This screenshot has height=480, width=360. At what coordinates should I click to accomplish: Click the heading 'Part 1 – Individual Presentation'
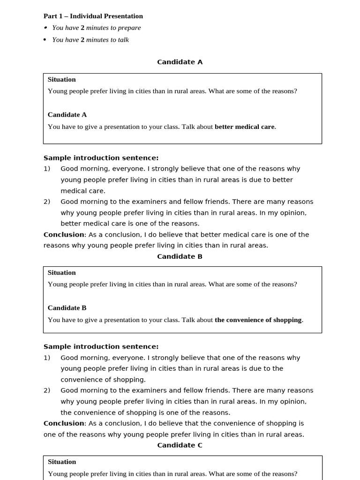point(93,16)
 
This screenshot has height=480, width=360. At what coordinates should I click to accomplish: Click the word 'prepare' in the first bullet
point(129,28)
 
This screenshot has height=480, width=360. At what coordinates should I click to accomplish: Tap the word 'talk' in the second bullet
point(123,40)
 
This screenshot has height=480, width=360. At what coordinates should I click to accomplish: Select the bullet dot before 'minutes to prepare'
point(45,28)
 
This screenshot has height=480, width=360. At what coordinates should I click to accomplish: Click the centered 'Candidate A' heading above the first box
point(180,62)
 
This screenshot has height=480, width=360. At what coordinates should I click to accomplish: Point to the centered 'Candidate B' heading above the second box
point(180,256)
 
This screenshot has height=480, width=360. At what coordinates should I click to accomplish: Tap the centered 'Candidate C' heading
point(180,445)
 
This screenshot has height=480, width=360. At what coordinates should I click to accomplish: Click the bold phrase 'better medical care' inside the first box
point(244,127)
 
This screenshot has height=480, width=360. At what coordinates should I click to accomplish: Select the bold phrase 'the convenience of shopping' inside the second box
point(258,320)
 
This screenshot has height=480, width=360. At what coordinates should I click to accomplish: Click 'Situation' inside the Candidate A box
point(61,80)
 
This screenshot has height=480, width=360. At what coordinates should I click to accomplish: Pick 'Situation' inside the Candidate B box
point(61,273)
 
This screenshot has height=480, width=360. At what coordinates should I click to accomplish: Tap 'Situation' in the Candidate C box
point(61,462)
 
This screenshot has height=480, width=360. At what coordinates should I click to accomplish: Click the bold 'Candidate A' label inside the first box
point(67,115)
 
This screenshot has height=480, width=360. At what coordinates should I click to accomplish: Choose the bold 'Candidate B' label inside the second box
point(67,308)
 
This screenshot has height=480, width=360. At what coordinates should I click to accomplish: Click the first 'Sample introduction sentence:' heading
point(101,158)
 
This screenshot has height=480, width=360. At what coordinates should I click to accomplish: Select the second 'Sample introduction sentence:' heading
point(101,347)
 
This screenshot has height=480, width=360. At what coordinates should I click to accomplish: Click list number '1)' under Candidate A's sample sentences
point(47,169)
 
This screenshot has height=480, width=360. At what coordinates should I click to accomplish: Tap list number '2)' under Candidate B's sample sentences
point(47,390)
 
